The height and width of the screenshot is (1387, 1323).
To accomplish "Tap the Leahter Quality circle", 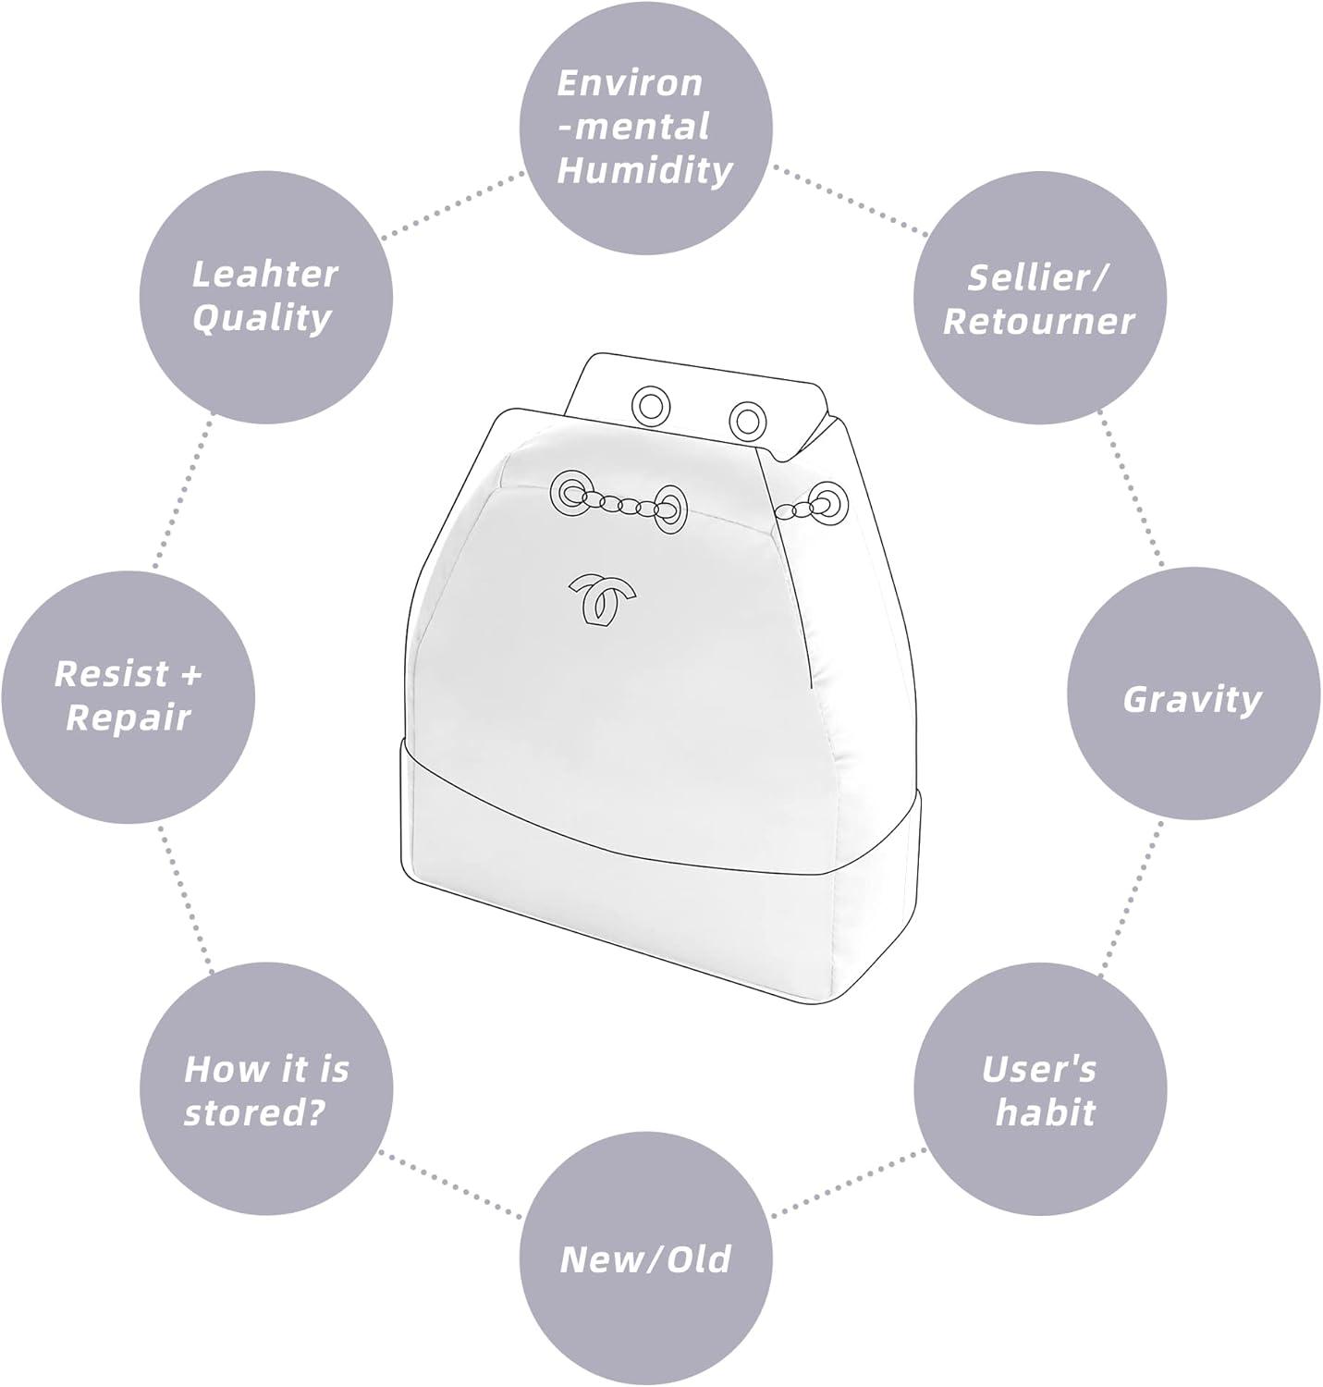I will tap(265, 296).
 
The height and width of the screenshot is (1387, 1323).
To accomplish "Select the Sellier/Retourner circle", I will tap(1038, 299).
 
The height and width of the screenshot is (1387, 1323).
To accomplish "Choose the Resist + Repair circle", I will tap(128, 695).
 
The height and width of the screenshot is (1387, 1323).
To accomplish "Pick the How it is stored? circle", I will tap(265, 1091).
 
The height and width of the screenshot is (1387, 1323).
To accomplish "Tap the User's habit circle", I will tap(1040, 1091).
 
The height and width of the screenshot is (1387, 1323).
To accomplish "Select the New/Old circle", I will tap(645, 1259).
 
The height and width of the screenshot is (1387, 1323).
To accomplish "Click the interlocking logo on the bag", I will tap(601, 599).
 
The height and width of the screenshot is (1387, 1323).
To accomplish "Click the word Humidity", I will tap(645, 170).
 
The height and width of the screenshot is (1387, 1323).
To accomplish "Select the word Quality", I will tap(262, 318).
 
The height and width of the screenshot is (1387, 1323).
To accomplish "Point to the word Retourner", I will tap(1038, 321).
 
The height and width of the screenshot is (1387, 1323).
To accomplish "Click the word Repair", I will tap(128, 718).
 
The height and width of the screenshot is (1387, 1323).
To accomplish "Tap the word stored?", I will tap(254, 1112).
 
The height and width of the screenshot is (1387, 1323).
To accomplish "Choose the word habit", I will tap(1045, 1112).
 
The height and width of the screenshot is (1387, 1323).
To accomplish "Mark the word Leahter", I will tap(264, 274).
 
